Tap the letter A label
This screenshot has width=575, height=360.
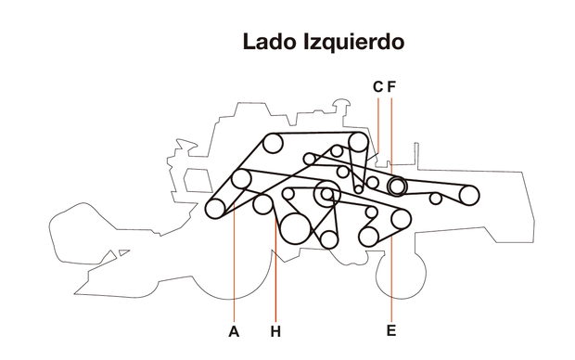[234, 330]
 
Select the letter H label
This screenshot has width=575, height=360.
[275, 330]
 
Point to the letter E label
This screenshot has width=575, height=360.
[391, 330]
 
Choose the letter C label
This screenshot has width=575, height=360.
[377, 87]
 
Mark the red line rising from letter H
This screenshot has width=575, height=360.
[275, 278]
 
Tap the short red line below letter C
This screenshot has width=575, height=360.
[378, 121]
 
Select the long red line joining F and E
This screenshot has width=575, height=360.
[392, 278]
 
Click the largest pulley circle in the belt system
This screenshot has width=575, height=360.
[296, 227]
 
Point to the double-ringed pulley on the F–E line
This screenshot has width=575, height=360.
[397, 186]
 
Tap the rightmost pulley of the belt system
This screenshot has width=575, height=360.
[469, 195]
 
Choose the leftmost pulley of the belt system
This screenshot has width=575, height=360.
[215, 208]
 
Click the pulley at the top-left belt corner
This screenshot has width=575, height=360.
[273, 143]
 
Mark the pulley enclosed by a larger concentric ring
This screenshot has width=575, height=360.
[326, 194]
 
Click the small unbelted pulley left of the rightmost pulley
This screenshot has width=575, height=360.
[435, 199]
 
